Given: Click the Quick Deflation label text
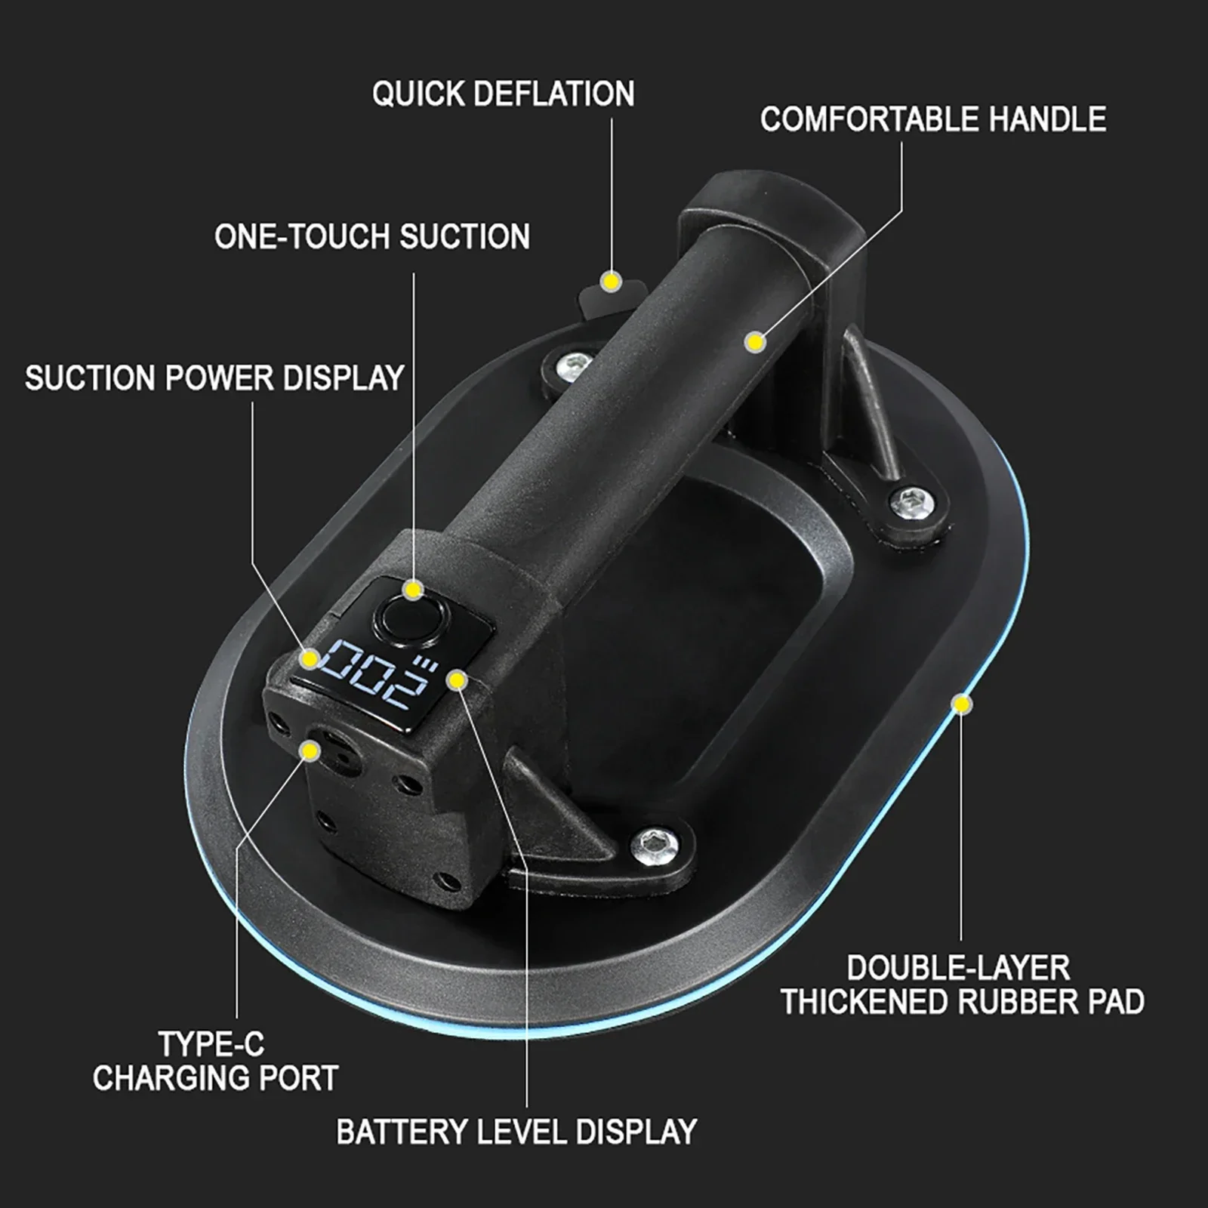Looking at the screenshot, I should [x=503, y=94].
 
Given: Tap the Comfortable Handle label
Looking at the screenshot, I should [x=933, y=119].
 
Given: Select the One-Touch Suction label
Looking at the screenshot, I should [x=371, y=236].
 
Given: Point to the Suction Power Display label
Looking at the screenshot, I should [x=214, y=377].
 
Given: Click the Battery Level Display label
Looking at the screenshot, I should [x=516, y=1132].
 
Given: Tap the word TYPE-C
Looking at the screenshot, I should [x=211, y=1044].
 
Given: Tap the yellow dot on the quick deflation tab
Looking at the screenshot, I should [x=611, y=282].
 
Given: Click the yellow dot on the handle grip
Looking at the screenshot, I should [x=754, y=342].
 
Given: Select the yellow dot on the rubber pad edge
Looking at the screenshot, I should [x=962, y=704].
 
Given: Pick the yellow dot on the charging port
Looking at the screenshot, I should [x=309, y=750].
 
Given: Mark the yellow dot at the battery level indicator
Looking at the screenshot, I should [x=457, y=680].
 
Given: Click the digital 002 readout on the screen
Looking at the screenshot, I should [x=370, y=671].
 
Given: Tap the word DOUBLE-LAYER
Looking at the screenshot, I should [x=958, y=968].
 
